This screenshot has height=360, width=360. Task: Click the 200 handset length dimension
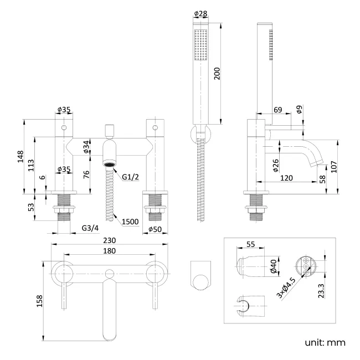click(217, 74)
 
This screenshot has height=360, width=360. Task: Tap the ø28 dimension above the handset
click(200, 13)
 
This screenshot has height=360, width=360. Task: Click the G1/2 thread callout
click(131, 177)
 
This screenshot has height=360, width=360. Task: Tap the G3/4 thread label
click(90, 228)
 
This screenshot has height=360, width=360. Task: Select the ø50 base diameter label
click(155, 229)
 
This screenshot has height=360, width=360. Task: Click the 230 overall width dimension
click(110, 240)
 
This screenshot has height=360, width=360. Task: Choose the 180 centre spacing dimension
click(110, 251)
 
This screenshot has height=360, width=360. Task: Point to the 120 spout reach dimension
click(286, 178)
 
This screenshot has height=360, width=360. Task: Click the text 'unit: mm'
click(325, 342)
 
